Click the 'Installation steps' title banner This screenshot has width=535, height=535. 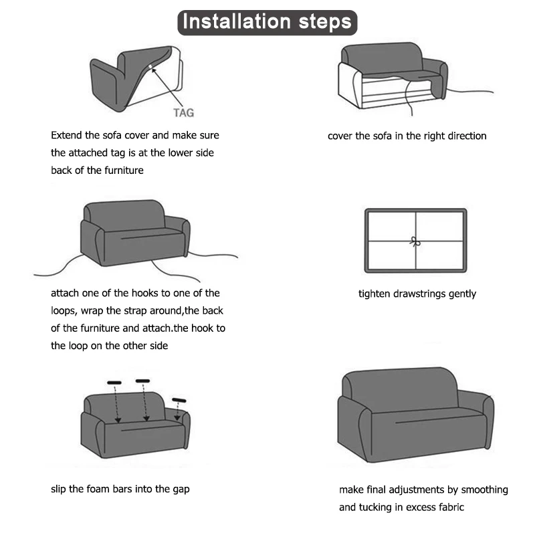pyautogui.click(x=267, y=23)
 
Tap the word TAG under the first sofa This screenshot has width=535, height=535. pyautogui.click(x=183, y=113)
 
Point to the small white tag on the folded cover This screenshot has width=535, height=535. pyautogui.click(x=150, y=66)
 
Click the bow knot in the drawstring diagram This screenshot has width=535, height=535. pyautogui.click(x=415, y=242)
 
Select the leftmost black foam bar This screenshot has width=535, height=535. pyautogui.click(x=114, y=383)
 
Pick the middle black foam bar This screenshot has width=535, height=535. pyautogui.click(x=142, y=381)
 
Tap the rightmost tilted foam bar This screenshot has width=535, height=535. pyautogui.click(x=179, y=400)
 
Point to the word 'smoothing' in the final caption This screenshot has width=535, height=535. pyautogui.click(x=484, y=490)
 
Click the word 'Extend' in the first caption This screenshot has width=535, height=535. pyautogui.click(x=66, y=135)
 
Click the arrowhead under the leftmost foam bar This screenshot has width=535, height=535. pyautogui.click(x=118, y=420)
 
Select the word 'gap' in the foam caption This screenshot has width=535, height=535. pyautogui.click(x=181, y=490)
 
